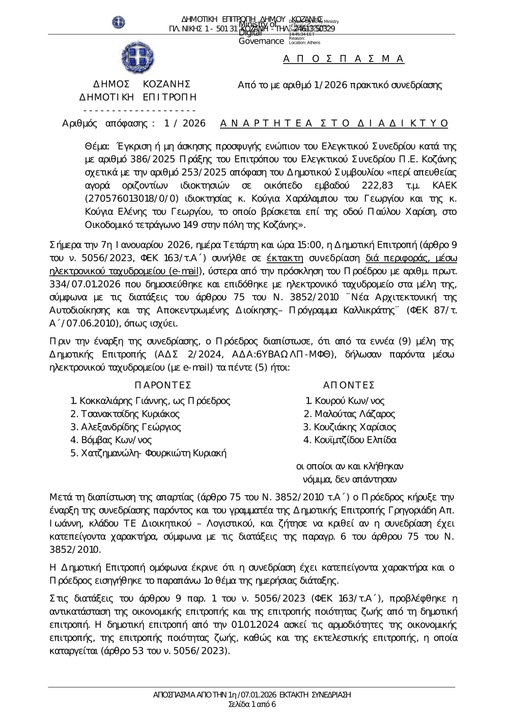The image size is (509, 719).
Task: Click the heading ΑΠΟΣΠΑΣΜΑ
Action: pos(344,59)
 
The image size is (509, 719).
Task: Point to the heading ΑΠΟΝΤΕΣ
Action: pos(349,385)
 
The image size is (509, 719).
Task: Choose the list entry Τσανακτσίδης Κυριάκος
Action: pos(125,414)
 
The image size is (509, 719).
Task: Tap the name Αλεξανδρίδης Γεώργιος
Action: pos(126,427)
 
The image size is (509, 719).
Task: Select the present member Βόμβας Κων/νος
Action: pos(111,440)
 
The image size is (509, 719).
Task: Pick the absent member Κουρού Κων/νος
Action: pos(346,401)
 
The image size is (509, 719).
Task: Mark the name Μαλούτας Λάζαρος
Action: pos(349,414)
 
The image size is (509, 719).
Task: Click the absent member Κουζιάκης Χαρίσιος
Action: pos(349,427)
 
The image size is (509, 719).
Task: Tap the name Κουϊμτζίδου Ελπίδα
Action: pos(350,440)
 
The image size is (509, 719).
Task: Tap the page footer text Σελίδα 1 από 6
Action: pos(252,704)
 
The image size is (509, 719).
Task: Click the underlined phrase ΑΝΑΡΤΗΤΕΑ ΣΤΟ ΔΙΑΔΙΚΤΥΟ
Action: pos(334,123)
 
